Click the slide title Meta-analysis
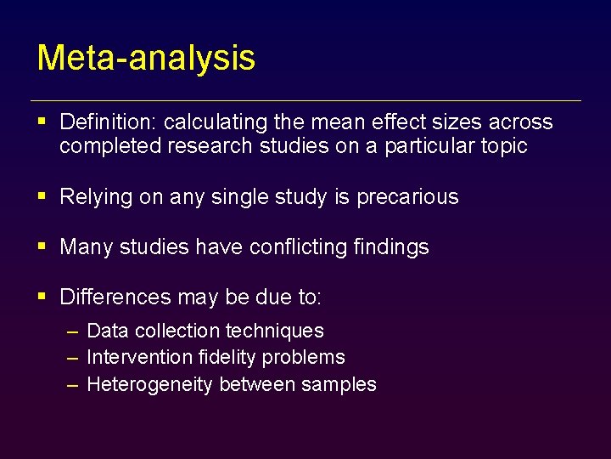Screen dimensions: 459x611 pyautogui.click(x=146, y=58)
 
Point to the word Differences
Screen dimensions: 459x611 pyautogui.click(x=115, y=297)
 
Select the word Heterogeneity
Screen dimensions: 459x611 pyautogui.click(x=150, y=384)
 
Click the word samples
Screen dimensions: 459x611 pyautogui.click(x=342, y=384)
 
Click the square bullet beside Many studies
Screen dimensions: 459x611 pyautogui.click(x=42, y=246)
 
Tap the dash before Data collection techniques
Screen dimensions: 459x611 pyautogui.click(x=74, y=331)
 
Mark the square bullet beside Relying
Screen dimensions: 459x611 pyautogui.click(x=42, y=196)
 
